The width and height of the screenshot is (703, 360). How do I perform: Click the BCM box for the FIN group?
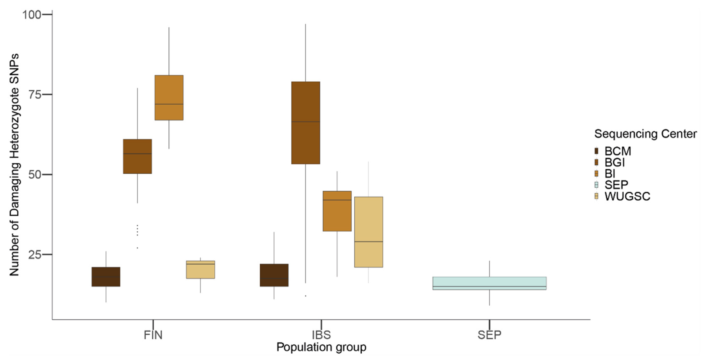pyautogui.click(x=106, y=277)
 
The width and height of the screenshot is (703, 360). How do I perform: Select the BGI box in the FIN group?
pyautogui.click(x=137, y=156)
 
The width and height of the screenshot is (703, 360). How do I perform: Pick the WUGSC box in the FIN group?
pyautogui.click(x=201, y=269)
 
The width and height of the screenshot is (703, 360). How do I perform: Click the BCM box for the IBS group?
pyautogui.click(x=274, y=275)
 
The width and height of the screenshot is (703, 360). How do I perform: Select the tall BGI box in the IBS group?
pyautogui.click(x=306, y=123)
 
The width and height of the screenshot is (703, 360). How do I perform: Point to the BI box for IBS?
pyautogui.click(x=337, y=211)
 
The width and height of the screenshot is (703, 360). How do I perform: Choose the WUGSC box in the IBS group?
pyautogui.click(x=369, y=232)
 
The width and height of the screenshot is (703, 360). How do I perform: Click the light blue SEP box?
pyautogui.click(x=489, y=283)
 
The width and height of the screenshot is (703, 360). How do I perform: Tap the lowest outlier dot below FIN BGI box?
pyautogui.click(x=137, y=248)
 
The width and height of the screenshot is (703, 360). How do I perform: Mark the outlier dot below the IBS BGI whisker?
pyautogui.click(x=306, y=296)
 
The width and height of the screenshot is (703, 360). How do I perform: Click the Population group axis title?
pyautogui.click(x=321, y=347)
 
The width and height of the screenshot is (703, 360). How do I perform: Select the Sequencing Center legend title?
pyautogui.click(x=645, y=134)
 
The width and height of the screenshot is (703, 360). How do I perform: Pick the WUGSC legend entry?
pyautogui.click(x=627, y=196)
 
